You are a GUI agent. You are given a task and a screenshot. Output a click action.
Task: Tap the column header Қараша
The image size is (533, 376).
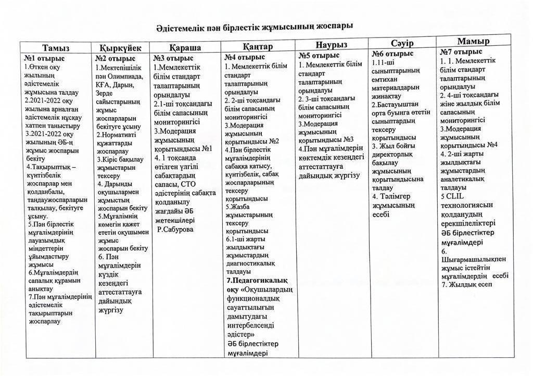(185, 47)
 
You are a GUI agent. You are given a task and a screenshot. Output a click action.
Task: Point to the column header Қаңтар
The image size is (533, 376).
(257, 46)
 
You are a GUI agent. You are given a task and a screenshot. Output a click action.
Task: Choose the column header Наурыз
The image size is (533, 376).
(332, 44)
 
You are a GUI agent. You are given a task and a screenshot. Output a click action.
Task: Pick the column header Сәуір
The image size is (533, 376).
(402, 43)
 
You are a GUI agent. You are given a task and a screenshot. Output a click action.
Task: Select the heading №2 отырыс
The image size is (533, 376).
(115, 58)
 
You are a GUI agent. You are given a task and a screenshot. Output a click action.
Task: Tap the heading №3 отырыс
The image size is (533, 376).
(173, 58)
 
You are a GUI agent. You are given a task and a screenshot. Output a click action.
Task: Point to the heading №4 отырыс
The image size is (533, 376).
(245, 57)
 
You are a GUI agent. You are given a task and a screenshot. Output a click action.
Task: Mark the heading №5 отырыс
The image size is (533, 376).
(319, 55)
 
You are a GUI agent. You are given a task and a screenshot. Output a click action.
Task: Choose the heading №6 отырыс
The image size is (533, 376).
(393, 54)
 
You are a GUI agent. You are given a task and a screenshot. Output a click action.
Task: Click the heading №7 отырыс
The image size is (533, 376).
(461, 52)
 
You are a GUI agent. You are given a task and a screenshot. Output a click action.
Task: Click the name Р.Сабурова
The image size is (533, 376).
(175, 229)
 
